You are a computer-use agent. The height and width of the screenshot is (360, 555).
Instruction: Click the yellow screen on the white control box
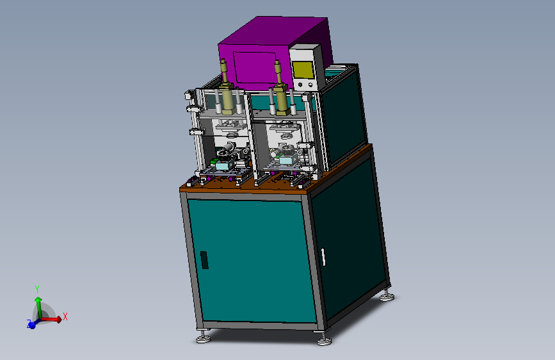click(x=303, y=70)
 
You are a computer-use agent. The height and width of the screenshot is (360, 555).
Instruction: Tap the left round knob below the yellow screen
click(x=300, y=85)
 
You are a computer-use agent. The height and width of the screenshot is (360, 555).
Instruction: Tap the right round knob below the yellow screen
click(x=310, y=85)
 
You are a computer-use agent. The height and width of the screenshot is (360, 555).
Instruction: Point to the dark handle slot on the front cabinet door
click(x=204, y=259)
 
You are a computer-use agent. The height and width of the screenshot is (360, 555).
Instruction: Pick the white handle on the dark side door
click(x=323, y=257)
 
